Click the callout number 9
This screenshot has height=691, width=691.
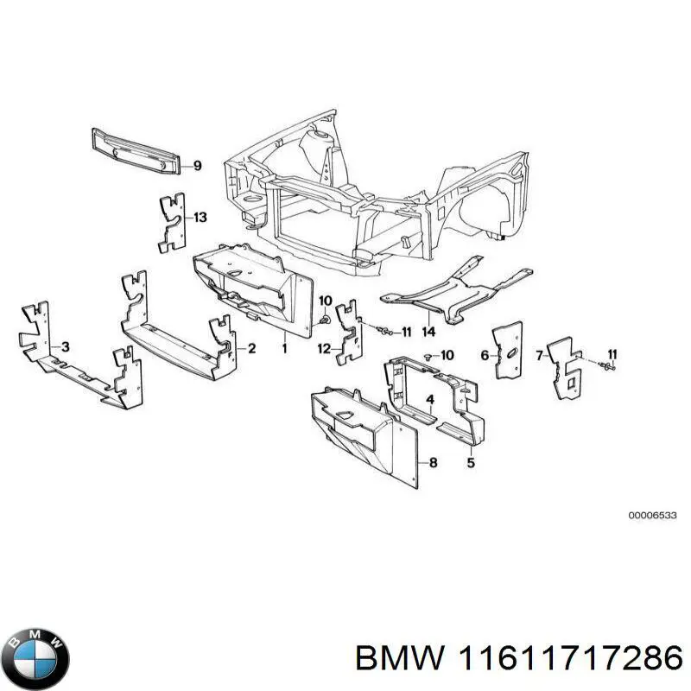click(x=197, y=166)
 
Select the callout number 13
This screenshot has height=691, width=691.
click(x=200, y=218)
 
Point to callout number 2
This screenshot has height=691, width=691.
click(x=251, y=349)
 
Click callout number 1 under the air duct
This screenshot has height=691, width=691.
click(x=283, y=349)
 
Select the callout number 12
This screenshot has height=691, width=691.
click(x=323, y=349)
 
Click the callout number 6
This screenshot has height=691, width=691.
click(x=485, y=355)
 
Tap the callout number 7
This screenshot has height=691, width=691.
click(x=539, y=355)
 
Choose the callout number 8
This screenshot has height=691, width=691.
click(x=433, y=463)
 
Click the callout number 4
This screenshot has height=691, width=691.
click(x=430, y=399)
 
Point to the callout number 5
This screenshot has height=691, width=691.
click(x=471, y=463)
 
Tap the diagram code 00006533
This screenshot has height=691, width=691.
click(x=652, y=515)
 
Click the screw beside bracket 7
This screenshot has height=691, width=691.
click(x=611, y=368)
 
